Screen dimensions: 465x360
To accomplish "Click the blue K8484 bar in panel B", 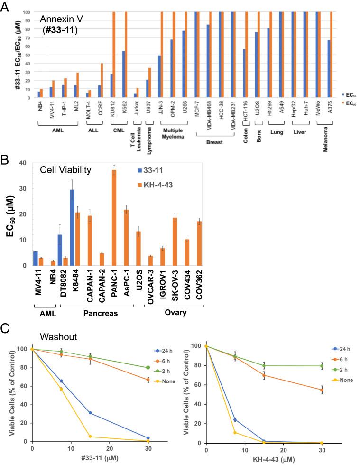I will coord(72,227).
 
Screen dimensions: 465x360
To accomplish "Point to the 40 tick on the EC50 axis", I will coord(21,163).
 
